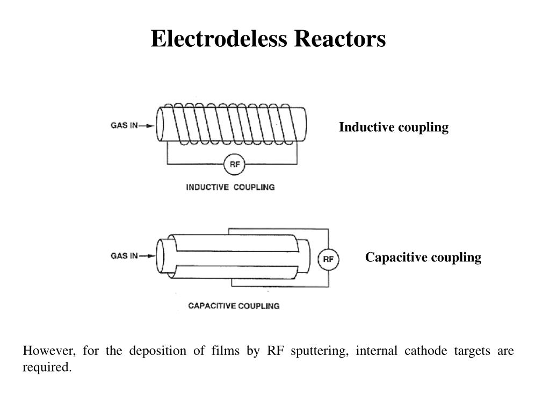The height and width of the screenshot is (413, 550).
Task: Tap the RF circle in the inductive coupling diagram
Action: pyautogui.click(x=235, y=164)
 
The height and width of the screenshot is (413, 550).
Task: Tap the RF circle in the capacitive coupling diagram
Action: pyautogui.click(x=329, y=260)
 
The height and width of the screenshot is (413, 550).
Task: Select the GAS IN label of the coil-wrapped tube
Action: pyautogui.click(x=124, y=126)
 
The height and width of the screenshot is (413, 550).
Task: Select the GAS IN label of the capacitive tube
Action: pyautogui.click(x=124, y=255)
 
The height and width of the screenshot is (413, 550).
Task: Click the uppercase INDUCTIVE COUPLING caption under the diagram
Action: pyautogui.click(x=230, y=187)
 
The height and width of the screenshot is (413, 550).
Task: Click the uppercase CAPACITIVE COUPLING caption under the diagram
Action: pyautogui.click(x=234, y=306)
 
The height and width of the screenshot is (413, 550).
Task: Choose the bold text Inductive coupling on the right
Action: pyautogui.click(x=393, y=127)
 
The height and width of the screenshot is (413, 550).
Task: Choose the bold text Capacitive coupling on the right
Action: pyautogui.click(x=423, y=258)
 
